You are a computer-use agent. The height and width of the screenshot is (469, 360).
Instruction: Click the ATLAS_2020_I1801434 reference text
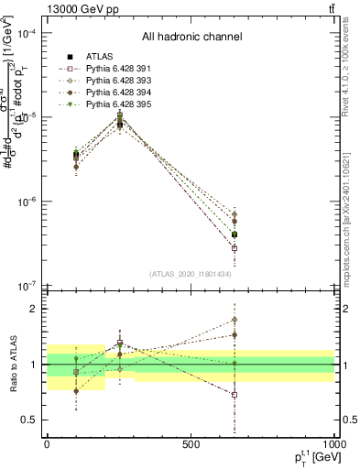point(191,275)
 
